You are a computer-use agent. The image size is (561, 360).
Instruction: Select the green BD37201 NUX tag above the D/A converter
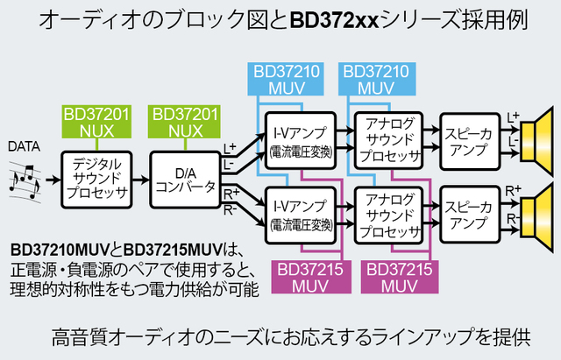[x=186, y=122]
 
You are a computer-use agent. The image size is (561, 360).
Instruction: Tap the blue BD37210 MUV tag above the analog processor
[x=374, y=79]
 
